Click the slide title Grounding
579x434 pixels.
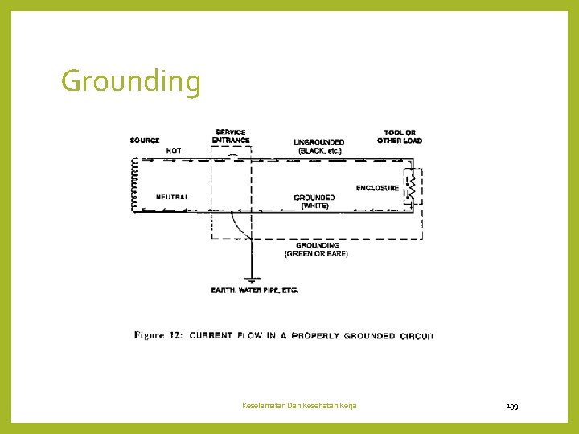tap(131, 81)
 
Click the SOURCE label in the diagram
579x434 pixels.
tap(145, 141)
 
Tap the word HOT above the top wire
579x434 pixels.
tap(174, 150)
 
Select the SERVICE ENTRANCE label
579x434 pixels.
tap(231, 137)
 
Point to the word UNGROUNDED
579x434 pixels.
tap(319, 142)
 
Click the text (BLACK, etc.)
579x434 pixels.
tap(319, 150)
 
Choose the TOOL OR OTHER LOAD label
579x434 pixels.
tap(400, 137)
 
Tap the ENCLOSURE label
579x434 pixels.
tap(377, 188)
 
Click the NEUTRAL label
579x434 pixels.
tap(172, 197)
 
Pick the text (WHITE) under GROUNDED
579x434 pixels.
tap(314, 206)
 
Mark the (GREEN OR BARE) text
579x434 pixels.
tap(317, 254)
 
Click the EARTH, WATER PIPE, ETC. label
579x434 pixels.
tap(254, 289)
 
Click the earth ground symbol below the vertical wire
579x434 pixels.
tap(251, 279)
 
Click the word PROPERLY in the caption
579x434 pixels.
tap(315, 336)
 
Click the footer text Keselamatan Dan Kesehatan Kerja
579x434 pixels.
tap(300, 406)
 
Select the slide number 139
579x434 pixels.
tap(512, 406)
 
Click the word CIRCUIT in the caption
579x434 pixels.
tap(417, 336)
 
